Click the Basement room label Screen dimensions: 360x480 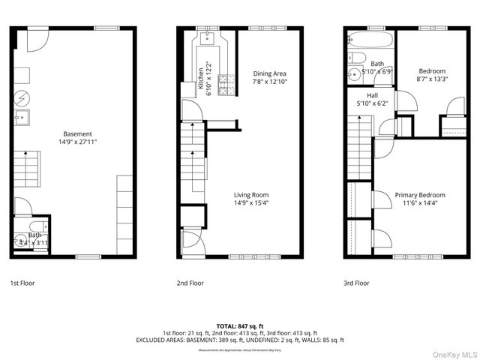(x=78, y=133)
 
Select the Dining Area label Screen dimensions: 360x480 (x=269, y=73)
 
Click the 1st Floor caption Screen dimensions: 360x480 (x=22, y=283)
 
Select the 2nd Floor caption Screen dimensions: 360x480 (x=190, y=283)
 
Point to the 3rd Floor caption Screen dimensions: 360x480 (x=357, y=283)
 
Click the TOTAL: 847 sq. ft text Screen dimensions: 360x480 (x=240, y=325)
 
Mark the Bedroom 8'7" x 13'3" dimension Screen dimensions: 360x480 (x=430, y=78)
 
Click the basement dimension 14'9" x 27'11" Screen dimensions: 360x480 (x=78, y=141)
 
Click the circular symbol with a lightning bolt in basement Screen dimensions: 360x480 (x=22, y=97)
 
